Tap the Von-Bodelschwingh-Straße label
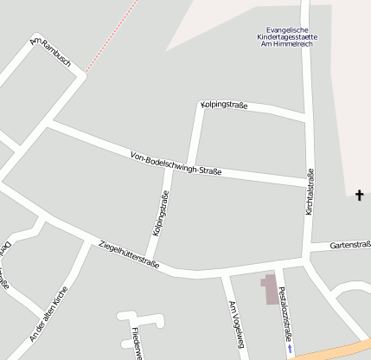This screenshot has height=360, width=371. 176,164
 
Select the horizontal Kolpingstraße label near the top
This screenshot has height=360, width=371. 224,106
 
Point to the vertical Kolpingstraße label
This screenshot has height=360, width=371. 160,213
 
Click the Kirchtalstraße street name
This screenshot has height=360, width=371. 309,192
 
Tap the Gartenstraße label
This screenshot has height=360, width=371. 350,245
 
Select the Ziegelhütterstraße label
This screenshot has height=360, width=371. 129,255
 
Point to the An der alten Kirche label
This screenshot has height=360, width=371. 48,312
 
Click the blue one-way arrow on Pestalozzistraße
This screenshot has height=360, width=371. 291,349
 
